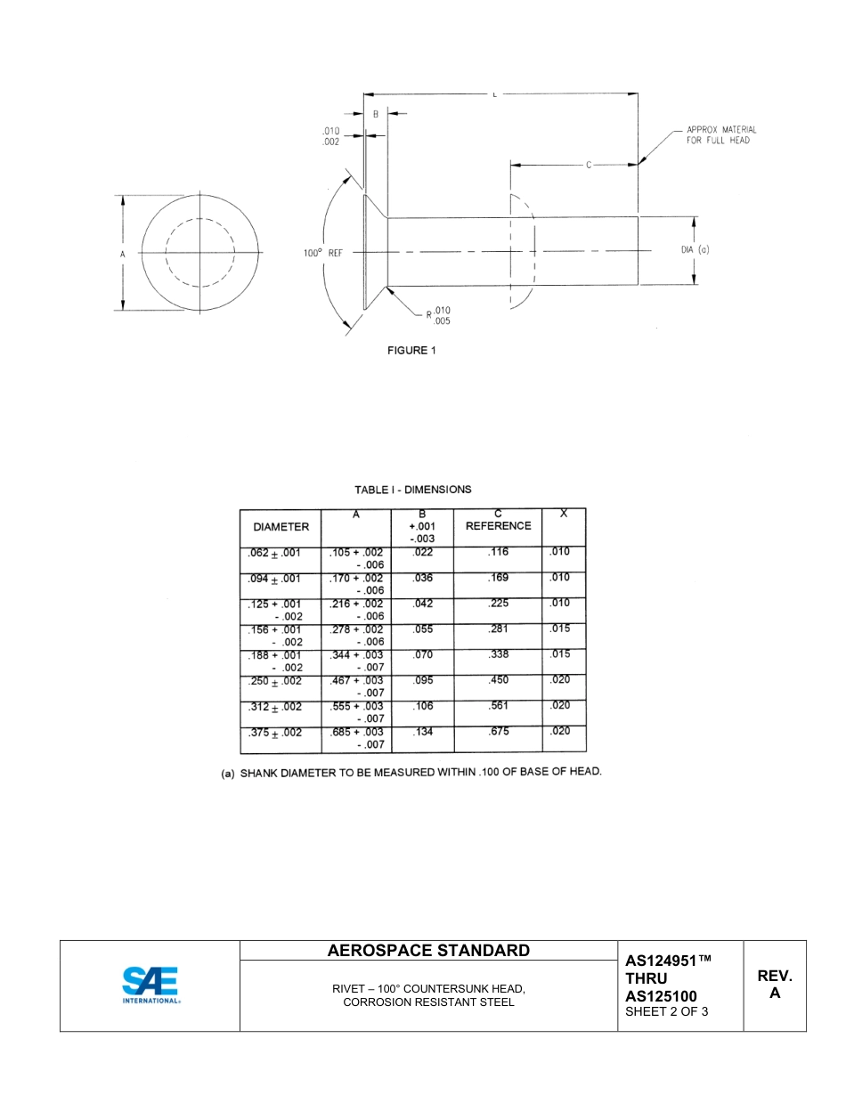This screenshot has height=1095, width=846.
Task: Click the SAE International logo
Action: click(150, 985)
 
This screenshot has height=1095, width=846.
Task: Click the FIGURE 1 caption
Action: click(411, 351)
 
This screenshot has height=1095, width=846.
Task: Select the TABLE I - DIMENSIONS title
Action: click(413, 490)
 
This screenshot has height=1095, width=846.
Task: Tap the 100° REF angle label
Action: click(322, 253)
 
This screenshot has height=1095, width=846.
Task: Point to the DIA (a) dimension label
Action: click(695, 250)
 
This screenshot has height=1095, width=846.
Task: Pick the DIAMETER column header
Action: click(281, 527)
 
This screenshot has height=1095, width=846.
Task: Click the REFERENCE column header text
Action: click(498, 526)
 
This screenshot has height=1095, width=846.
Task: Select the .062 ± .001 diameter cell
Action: click(275, 553)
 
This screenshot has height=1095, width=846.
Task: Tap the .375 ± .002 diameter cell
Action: click(275, 734)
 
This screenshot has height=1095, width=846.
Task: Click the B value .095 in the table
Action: click(423, 680)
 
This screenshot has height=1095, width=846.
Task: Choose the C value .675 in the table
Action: click(498, 733)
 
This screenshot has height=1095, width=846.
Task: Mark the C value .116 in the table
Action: click(498, 553)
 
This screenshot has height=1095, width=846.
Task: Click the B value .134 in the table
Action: click(423, 733)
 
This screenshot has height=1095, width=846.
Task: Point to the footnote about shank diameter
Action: click(411, 772)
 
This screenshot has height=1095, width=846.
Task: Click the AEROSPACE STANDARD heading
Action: click(428, 951)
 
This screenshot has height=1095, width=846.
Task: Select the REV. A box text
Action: click(774, 985)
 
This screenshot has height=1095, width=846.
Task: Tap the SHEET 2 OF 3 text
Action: click(667, 1011)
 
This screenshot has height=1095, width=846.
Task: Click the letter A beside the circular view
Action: click(123, 254)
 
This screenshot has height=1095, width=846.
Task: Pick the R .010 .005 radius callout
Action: click(437, 315)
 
